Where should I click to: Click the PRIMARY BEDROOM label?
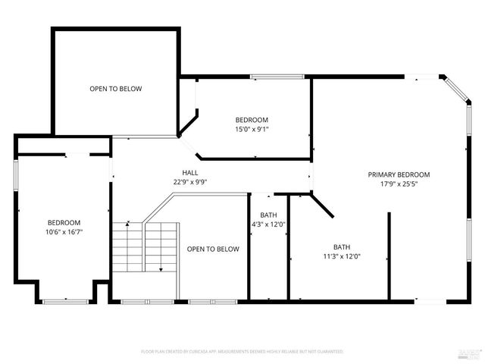399,174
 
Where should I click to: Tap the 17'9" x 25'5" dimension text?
399,184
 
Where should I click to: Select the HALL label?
190,173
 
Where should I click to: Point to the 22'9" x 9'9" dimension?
190,182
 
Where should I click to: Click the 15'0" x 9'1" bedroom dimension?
252,129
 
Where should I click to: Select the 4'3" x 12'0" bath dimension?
268,224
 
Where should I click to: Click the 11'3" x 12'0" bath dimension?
342,256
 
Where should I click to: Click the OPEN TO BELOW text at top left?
115,89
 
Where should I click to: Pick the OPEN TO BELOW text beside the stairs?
213,249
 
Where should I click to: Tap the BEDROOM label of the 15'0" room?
252,120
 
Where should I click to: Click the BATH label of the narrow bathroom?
268,215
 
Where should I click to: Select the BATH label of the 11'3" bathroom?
342,247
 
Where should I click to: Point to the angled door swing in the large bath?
321,202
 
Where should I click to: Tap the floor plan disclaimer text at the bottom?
242,352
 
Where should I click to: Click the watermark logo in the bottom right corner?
470,353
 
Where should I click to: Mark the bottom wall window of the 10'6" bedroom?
64,302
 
